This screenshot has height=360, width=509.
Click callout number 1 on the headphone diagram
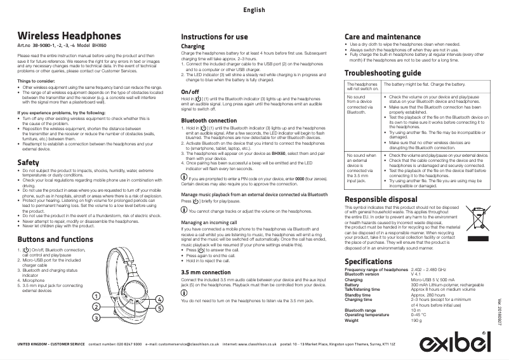point(96,296)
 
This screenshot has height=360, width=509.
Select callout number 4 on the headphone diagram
point(159,298)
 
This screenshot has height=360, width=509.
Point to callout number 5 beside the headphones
point(159,308)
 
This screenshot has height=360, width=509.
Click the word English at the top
point(254,10)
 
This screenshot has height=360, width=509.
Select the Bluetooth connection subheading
point(209,121)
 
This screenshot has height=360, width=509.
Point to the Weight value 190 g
point(416,321)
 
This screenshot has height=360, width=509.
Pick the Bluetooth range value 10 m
point(416,309)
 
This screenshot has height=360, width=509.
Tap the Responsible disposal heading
point(381,200)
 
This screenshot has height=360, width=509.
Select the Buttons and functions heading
point(56,239)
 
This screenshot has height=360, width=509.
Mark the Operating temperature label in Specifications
point(371,315)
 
